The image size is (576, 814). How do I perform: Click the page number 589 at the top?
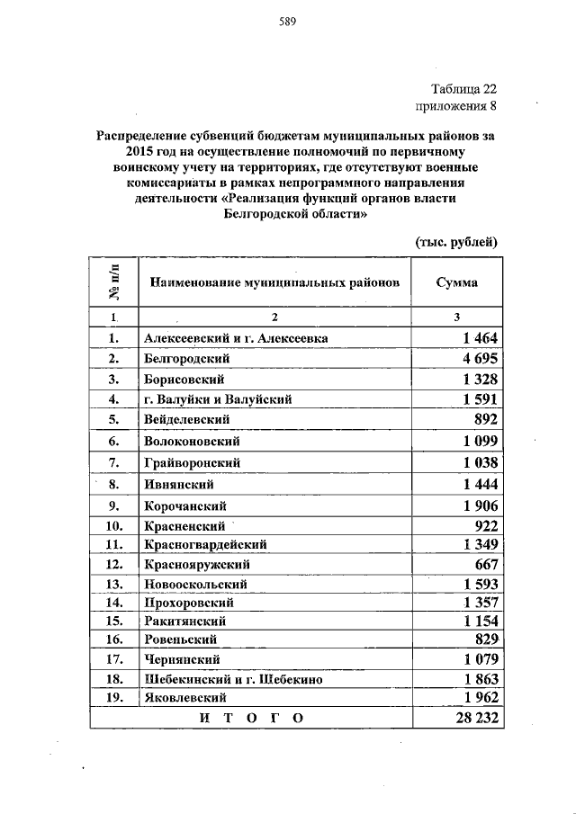point(288,21)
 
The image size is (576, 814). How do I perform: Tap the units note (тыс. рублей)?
point(456,242)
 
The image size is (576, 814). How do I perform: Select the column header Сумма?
point(456,282)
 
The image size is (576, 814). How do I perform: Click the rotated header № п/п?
point(113,282)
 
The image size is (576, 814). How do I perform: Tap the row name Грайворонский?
point(191,461)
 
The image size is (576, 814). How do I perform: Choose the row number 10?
point(113,525)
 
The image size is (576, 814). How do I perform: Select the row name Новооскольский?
point(195,585)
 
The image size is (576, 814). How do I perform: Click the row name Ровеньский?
point(181,640)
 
